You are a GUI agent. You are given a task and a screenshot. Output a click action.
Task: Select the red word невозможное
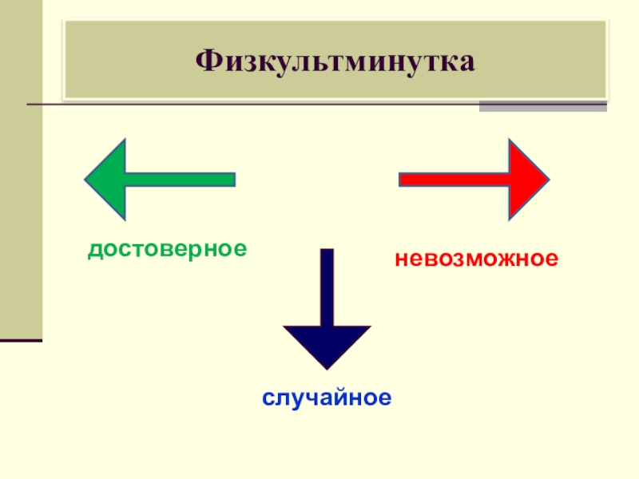click(x=475, y=259)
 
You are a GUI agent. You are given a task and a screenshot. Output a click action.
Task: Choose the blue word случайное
click(x=327, y=397)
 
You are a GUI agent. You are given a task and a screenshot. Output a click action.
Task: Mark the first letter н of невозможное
click(x=399, y=259)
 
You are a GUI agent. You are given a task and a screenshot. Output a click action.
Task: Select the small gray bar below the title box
click(x=542, y=107)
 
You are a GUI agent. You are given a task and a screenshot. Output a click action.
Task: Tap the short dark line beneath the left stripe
click(x=21, y=340)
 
